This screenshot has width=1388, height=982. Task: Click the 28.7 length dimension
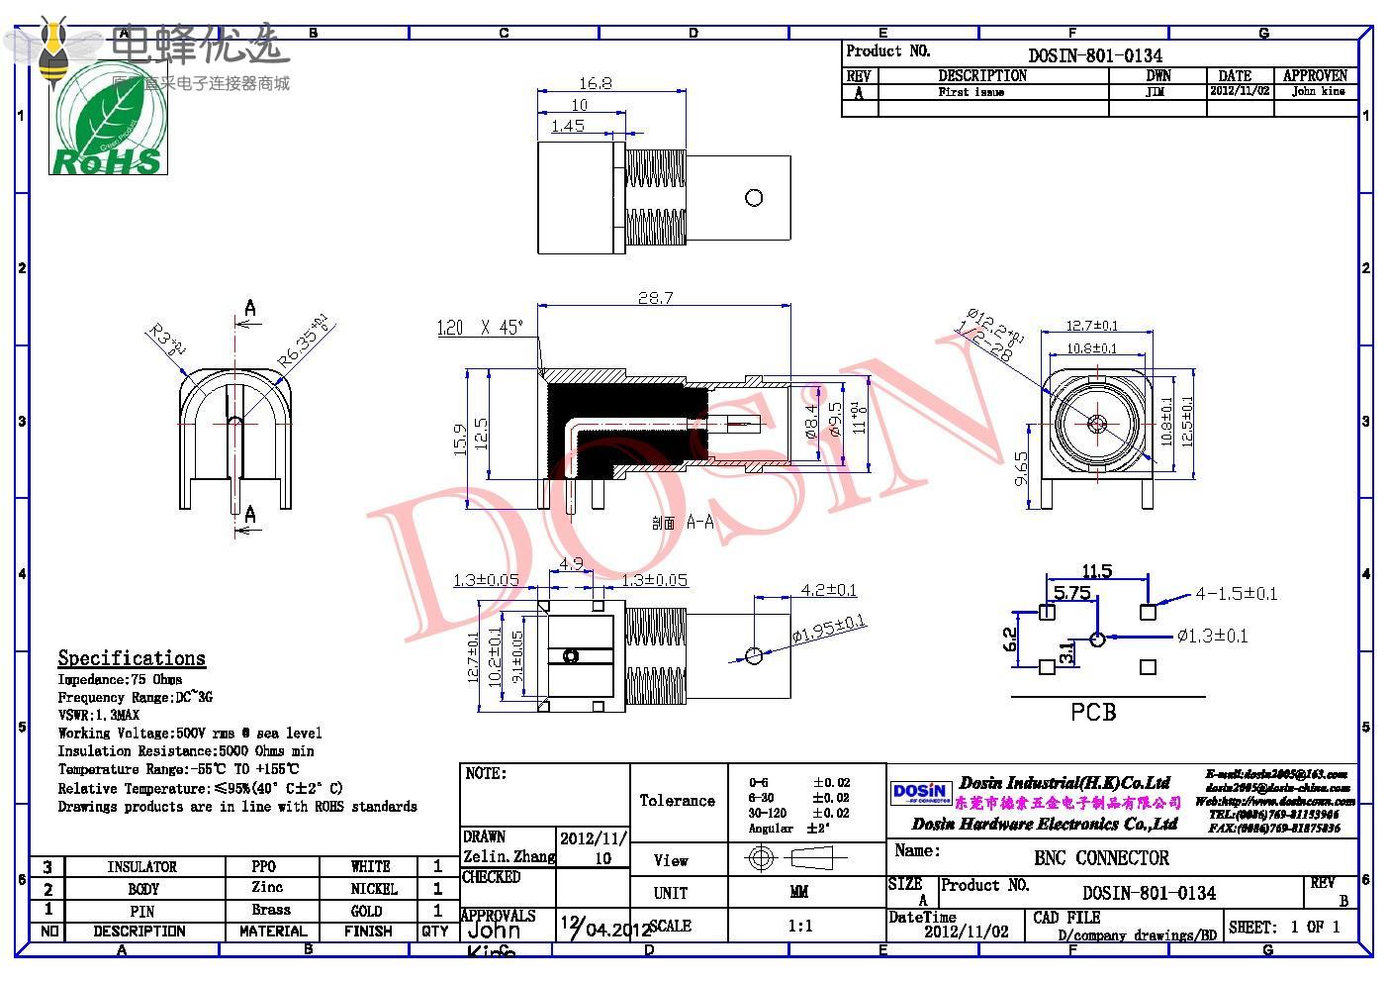click(x=655, y=297)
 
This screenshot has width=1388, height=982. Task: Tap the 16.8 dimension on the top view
click(x=594, y=83)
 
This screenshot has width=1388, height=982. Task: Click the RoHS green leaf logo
click(x=108, y=119)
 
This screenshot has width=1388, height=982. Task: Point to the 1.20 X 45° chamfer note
click(x=480, y=328)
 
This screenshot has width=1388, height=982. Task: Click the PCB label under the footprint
click(x=1093, y=712)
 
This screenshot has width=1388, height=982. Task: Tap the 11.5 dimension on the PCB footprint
click(x=1096, y=571)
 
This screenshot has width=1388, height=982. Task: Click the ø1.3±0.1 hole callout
click(x=1212, y=636)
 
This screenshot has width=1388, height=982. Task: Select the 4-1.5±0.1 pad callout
click(x=1236, y=594)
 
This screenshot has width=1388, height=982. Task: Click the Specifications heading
click(x=132, y=658)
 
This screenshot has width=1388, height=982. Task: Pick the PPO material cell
click(x=264, y=866)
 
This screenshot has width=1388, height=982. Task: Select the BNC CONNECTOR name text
click(x=1101, y=858)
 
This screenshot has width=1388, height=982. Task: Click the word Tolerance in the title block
click(x=677, y=800)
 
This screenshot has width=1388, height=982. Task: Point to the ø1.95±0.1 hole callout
click(x=828, y=629)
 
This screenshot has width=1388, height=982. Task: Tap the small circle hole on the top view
click(x=754, y=198)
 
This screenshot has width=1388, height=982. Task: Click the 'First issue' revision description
click(x=972, y=92)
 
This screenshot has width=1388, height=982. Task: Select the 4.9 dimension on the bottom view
click(x=572, y=565)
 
